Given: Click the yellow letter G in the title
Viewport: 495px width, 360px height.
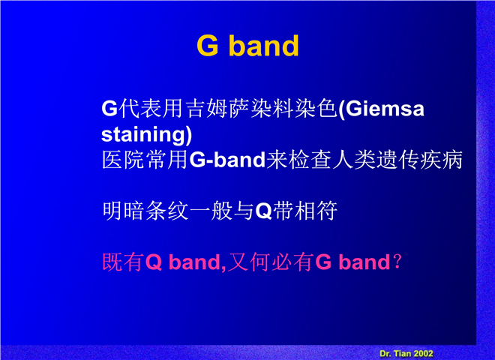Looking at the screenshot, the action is [208, 46].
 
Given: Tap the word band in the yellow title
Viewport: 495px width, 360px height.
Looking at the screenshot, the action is [263, 46].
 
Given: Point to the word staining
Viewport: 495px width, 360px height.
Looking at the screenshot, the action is [144, 135].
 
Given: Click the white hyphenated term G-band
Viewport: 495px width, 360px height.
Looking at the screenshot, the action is [227, 160].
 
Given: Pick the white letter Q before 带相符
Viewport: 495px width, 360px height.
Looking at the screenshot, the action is [264, 211].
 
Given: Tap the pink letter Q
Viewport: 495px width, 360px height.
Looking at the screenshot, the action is [154, 262].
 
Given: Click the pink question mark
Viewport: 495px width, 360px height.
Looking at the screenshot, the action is [397, 262].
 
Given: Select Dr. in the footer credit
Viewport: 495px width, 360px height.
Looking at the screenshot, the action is [385, 353].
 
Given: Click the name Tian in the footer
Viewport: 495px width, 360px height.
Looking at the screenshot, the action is [402, 353].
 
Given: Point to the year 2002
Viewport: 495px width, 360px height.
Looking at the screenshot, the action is [423, 353].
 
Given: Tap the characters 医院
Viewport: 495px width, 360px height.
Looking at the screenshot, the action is [124, 160].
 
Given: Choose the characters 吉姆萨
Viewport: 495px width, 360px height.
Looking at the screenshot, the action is [217, 109].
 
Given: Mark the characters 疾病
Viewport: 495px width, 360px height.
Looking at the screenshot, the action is [441, 160].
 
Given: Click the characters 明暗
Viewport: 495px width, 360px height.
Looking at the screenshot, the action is [124, 211].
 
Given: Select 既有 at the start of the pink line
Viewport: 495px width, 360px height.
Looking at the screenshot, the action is [124, 262].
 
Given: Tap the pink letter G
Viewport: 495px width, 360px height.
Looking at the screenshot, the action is [323, 262].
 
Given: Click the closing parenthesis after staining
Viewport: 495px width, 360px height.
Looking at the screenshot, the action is [189, 136].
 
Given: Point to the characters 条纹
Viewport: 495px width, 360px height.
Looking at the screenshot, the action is [167, 211].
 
